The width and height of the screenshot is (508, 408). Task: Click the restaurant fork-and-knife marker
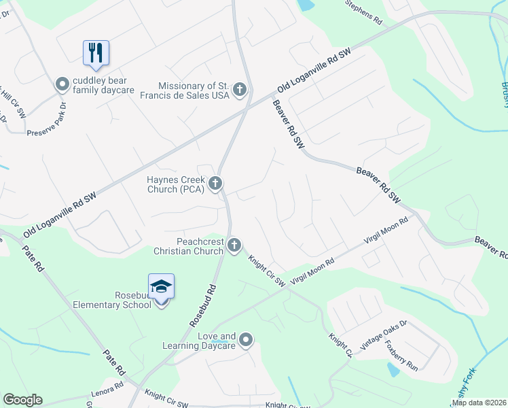[x=96, y=52]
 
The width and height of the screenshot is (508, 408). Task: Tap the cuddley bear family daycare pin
[x=62, y=84]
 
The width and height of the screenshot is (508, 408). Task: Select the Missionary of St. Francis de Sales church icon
[x=239, y=89]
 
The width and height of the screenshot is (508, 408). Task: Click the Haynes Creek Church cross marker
[x=215, y=182]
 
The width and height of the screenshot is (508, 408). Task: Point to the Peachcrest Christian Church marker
[x=234, y=245]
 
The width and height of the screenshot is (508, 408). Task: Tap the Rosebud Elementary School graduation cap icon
[x=162, y=287]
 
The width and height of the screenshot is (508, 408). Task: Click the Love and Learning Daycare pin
[x=246, y=339]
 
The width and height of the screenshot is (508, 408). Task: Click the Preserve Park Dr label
[x=46, y=119]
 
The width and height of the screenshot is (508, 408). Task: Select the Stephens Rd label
[x=364, y=13]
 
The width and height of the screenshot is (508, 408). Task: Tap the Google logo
[x=22, y=400]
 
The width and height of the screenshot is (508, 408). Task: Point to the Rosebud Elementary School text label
[x=112, y=300]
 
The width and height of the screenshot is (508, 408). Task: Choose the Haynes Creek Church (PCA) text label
[x=176, y=184]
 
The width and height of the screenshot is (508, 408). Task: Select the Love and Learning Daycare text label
[x=198, y=341]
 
